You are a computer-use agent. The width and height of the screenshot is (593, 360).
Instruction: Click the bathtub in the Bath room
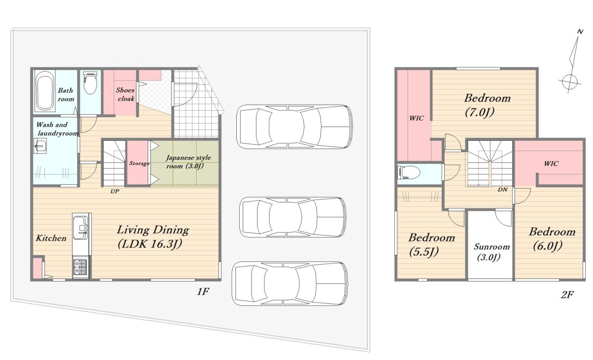44,91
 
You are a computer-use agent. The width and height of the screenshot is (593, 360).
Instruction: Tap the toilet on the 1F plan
90,82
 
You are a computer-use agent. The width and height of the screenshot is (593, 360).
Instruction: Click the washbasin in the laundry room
40,146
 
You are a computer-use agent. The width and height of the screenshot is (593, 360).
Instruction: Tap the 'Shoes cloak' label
126,94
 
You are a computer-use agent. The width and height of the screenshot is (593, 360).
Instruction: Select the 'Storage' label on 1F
139,163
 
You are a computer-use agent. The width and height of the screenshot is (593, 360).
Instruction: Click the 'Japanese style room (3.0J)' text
188,162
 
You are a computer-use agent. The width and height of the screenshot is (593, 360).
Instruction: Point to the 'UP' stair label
115,191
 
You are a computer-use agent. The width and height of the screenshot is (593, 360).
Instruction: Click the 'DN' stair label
503,190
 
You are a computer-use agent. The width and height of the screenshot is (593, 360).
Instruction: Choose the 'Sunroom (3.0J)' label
491,251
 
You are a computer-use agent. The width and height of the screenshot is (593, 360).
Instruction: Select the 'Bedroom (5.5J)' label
431,244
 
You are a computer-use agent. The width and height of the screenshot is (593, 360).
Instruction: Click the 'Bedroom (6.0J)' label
552,239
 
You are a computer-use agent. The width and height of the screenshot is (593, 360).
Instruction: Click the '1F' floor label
203,291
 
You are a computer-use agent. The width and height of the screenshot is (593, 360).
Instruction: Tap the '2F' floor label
567,294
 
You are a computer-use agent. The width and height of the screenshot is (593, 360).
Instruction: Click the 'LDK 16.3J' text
150,244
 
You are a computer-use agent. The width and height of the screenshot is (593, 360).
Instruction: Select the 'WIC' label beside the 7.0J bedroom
417,118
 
